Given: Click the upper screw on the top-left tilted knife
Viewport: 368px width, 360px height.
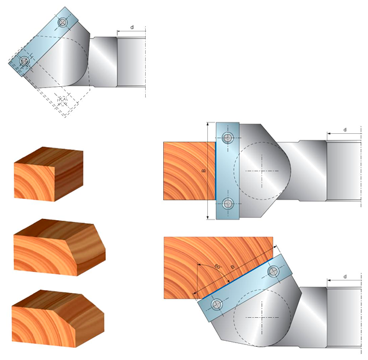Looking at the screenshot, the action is click(x=62, y=22).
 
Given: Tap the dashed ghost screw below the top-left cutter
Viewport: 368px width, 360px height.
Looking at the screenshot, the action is click(x=63, y=99).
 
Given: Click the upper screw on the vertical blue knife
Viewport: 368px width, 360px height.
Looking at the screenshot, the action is click(x=227, y=137).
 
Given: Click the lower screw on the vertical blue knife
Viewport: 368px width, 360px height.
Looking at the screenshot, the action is click(x=227, y=203).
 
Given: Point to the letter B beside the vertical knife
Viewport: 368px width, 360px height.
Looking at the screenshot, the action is click(x=204, y=171).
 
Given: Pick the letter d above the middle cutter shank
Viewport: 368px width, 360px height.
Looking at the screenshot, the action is click(x=345, y=130).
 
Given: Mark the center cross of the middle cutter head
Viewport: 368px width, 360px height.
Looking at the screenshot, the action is click(x=263, y=171).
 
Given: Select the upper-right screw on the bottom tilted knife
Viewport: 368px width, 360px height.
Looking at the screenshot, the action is click(x=274, y=272).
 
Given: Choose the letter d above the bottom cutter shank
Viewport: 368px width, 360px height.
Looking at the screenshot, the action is click(x=345, y=277).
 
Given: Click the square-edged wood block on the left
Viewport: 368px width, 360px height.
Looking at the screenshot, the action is click(x=48, y=175).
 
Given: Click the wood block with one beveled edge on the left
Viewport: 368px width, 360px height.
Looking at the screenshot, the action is click(x=58, y=247).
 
